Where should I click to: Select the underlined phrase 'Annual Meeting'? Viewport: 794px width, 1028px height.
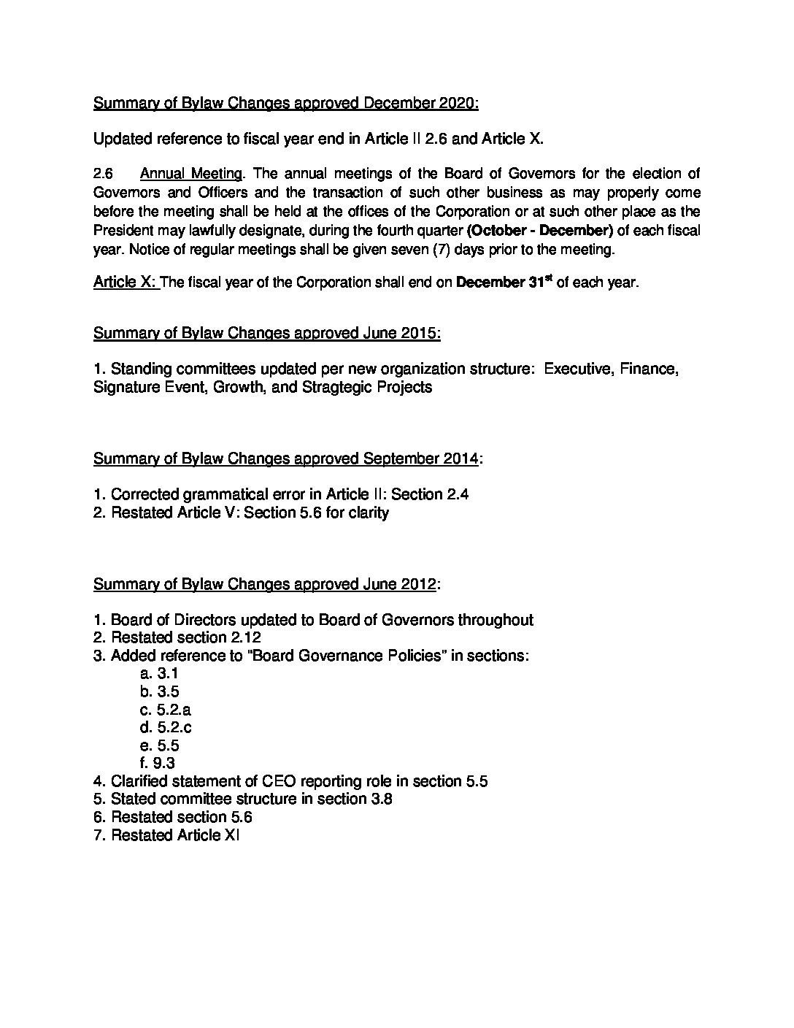[191, 174]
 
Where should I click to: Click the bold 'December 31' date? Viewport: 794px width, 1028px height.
[504, 283]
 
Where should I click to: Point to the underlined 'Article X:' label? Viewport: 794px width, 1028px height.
[125, 283]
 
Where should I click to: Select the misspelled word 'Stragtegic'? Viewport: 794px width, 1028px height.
[336, 387]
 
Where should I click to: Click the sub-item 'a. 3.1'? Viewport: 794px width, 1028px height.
[159, 674]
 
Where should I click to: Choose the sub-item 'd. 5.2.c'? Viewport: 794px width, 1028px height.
[166, 727]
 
